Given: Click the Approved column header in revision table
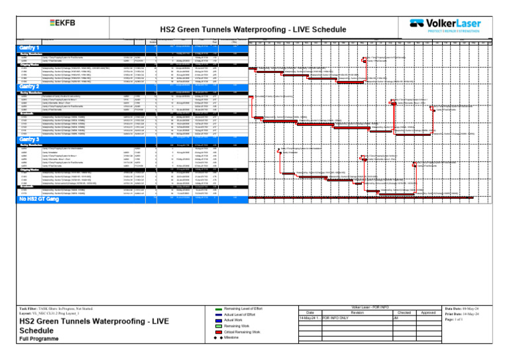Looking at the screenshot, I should point(428,312).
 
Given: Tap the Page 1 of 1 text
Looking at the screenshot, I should point(457,320).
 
